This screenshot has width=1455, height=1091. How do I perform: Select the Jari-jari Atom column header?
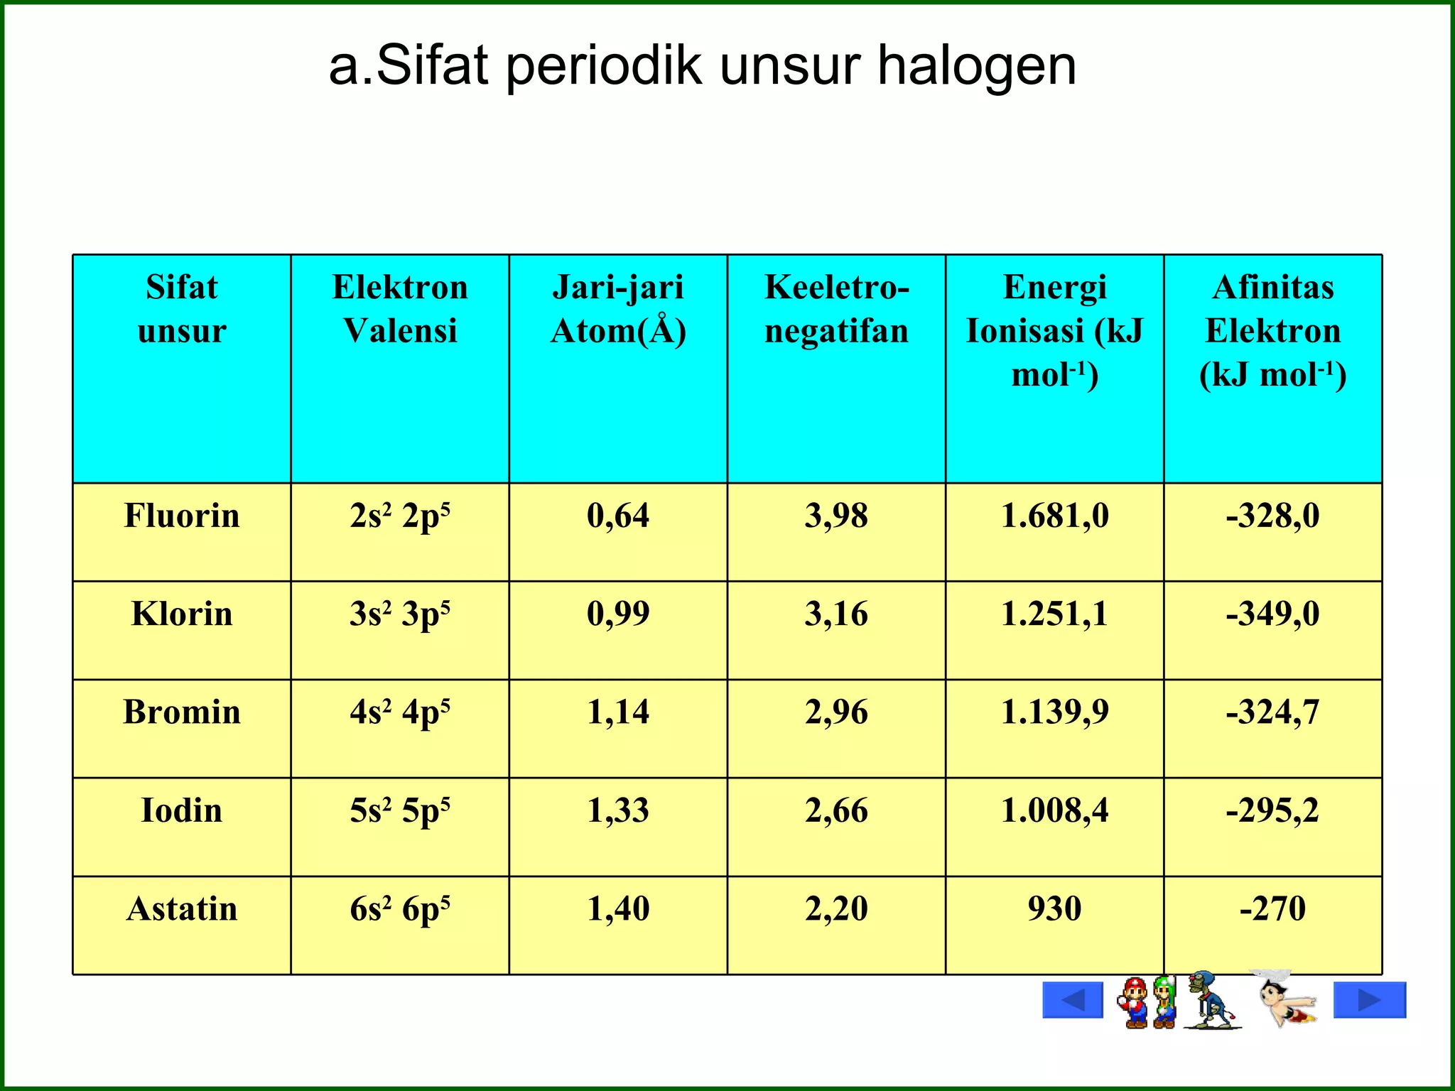[618, 309]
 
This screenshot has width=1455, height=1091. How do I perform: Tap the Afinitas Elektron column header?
[1272, 331]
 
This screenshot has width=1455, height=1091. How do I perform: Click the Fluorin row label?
[182, 516]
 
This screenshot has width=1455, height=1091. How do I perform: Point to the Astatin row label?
[182, 908]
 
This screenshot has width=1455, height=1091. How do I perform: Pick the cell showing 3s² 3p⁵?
[400, 614]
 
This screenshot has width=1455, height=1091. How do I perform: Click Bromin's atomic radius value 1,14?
[618, 712]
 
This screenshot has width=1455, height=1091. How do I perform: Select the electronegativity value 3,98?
[836, 516]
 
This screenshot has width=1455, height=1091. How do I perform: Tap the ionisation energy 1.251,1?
[1054, 614]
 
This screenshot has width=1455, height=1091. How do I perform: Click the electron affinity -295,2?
[1272, 810]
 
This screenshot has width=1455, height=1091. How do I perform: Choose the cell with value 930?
[1054, 908]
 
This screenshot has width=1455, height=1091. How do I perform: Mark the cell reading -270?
[1272, 908]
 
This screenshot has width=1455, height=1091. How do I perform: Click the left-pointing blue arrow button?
[1072, 1000]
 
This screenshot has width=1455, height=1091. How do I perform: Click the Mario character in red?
[1135, 1002]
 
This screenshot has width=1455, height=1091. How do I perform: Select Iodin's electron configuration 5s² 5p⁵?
[400, 810]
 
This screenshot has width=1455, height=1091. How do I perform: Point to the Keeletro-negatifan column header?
[836, 309]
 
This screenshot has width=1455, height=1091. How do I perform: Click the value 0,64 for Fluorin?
[618, 516]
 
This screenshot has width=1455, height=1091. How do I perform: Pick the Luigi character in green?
[1165, 1002]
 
